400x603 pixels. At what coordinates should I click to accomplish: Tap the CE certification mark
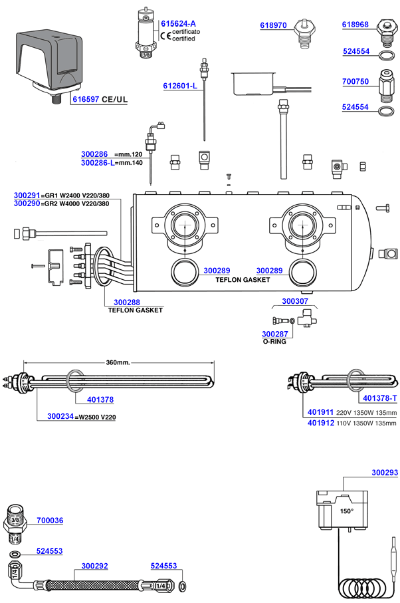[x=166, y=35]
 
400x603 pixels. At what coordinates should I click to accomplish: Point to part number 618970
[x=272, y=25]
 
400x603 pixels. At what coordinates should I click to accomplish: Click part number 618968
[x=355, y=25]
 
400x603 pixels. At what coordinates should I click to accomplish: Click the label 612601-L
[x=180, y=86]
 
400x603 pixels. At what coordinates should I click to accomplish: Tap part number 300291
[x=27, y=195]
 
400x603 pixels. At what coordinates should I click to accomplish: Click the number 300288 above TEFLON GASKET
[x=127, y=302]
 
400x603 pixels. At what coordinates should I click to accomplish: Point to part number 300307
[x=296, y=301]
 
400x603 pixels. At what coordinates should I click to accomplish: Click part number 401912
[x=322, y=422]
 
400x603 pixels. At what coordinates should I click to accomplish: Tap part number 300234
[x=61, y=417]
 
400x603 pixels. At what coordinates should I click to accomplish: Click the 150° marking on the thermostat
[x=347, y=512]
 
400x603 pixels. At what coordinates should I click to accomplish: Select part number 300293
[x=384, y=473]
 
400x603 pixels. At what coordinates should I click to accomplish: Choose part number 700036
[x=50, y=521]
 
